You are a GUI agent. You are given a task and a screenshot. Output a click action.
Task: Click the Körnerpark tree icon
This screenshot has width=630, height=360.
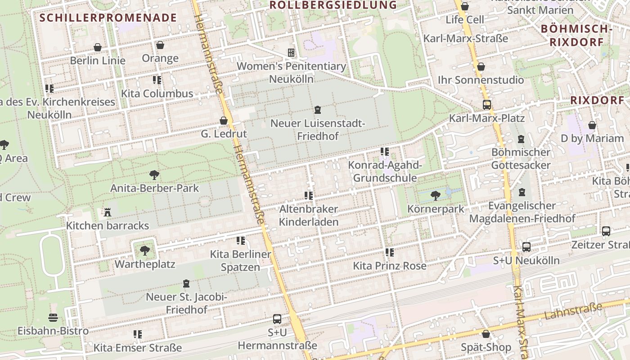click(435, 195)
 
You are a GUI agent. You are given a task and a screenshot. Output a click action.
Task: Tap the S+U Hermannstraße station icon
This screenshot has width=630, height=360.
click(277, 319)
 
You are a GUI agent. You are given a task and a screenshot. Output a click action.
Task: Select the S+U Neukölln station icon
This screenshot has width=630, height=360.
click(526, 247)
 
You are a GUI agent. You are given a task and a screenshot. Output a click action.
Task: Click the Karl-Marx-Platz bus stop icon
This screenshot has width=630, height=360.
click(486, 104)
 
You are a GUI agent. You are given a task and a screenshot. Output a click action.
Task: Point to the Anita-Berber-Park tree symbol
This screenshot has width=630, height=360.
click(154, 175)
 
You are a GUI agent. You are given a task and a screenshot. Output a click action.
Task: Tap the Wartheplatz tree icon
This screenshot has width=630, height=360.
click(144, 250)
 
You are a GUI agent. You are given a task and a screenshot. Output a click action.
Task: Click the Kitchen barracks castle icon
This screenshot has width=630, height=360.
click(108, 212)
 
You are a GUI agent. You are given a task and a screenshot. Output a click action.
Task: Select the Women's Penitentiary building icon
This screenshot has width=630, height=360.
click(291, 53)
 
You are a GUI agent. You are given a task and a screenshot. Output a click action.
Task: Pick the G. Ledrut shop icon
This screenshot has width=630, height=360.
click(224, 121)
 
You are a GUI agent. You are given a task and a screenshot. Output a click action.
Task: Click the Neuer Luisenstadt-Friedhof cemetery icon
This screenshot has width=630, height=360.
click(318, 110)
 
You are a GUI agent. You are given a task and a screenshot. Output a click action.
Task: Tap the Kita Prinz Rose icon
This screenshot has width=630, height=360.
click(389, 252)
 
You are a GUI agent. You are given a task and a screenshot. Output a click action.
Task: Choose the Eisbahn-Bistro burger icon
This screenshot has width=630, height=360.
click(53, 318)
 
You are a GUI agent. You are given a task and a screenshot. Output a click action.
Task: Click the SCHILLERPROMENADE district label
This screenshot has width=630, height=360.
click(108, 18)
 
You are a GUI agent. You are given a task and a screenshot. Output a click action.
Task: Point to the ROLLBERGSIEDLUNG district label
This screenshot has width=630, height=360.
click(333, 5)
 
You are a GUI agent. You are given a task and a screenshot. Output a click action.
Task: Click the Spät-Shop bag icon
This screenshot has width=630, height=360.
click(486, 334)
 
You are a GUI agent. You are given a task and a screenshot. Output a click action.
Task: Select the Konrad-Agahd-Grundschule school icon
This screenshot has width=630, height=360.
click(384, 152)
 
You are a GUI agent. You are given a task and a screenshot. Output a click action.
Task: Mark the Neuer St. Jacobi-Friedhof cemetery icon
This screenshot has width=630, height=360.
click(186, 283)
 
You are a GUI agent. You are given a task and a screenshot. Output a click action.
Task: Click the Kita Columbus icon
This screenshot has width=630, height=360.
click(157, 80)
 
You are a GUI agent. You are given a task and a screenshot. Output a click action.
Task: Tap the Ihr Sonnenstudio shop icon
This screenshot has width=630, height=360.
click(481, 67)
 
